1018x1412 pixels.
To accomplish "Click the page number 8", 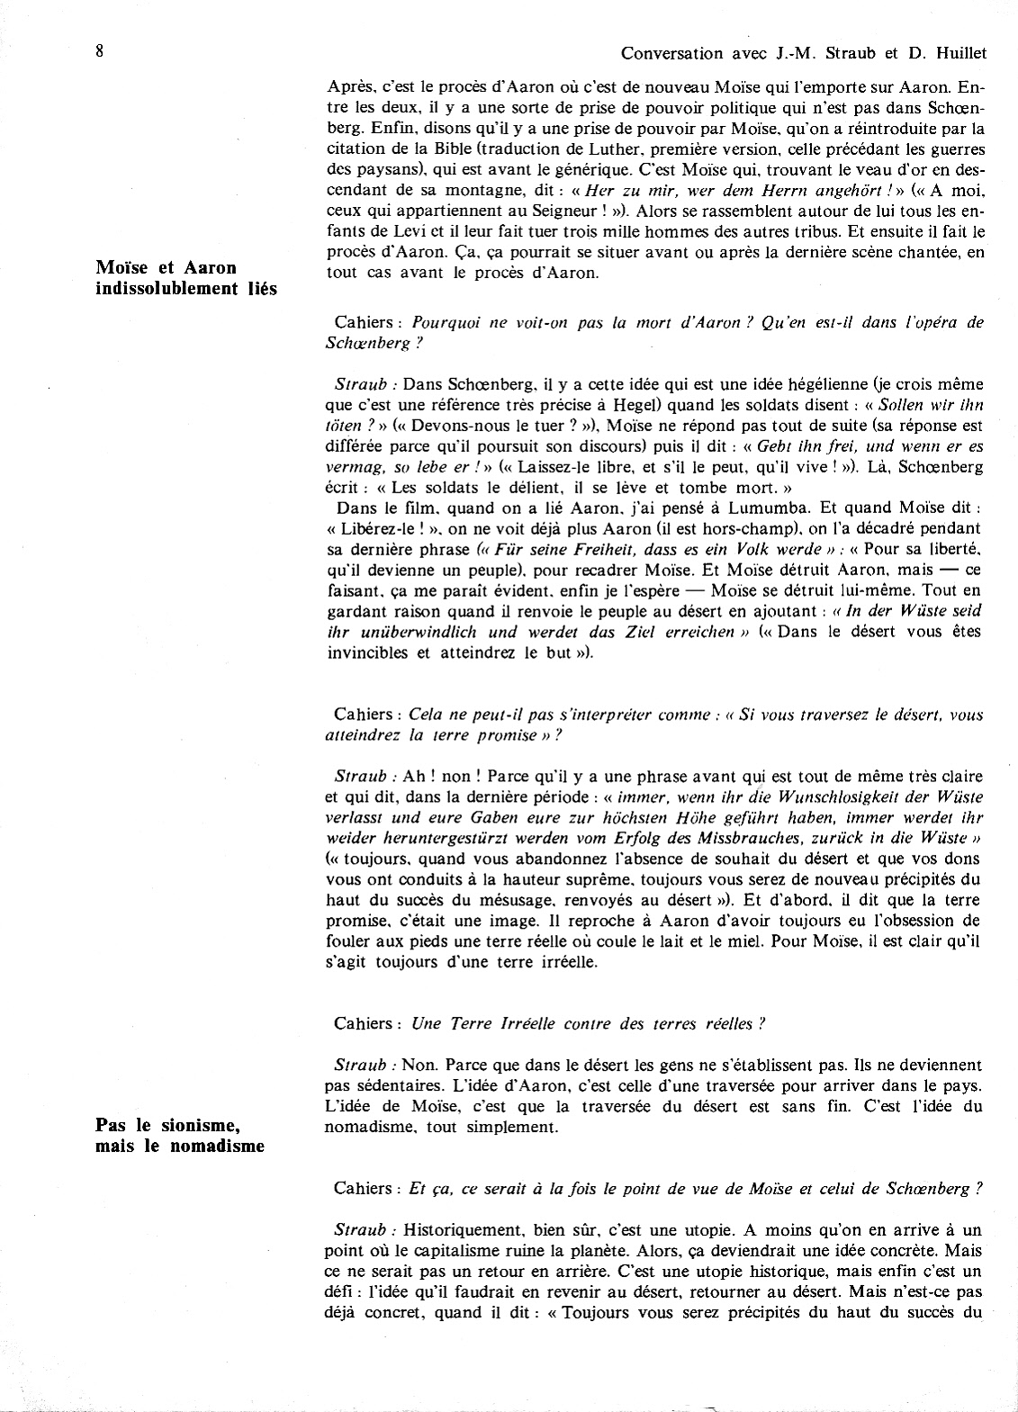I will (99, 50).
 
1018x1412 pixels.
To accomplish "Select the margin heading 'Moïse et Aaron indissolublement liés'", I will (186, 278).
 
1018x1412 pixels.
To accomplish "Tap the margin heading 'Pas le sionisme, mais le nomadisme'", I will (181, 1136).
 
